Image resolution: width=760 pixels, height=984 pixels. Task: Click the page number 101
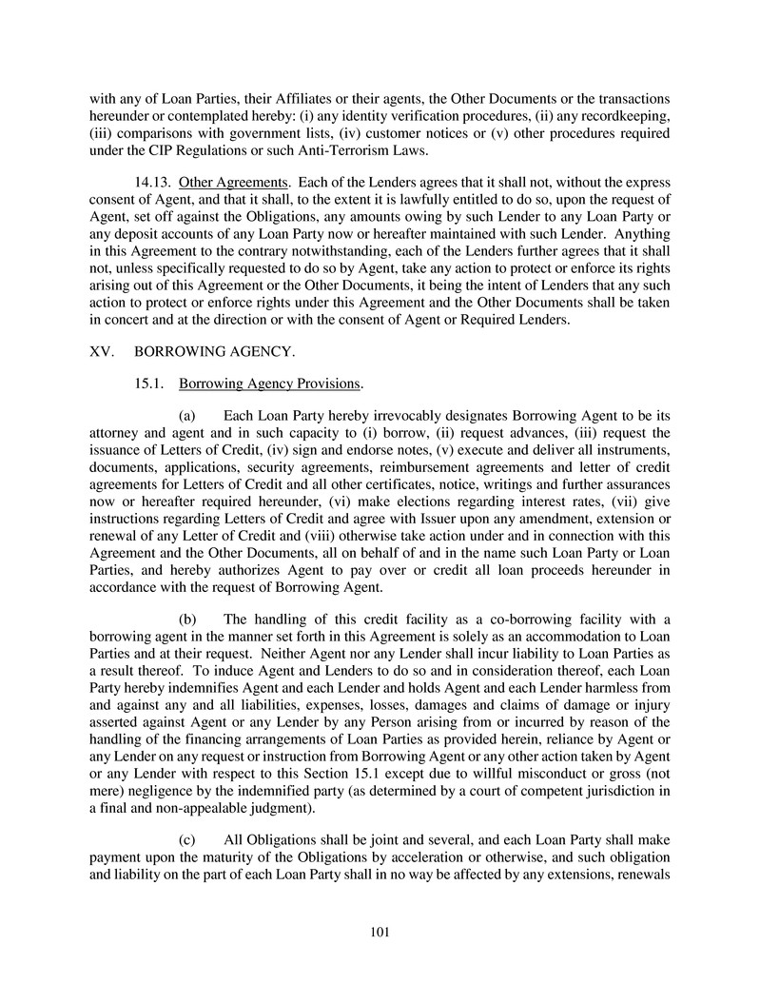380,932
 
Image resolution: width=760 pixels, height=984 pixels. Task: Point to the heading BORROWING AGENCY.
215,351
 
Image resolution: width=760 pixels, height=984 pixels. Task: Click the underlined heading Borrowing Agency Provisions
270,384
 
